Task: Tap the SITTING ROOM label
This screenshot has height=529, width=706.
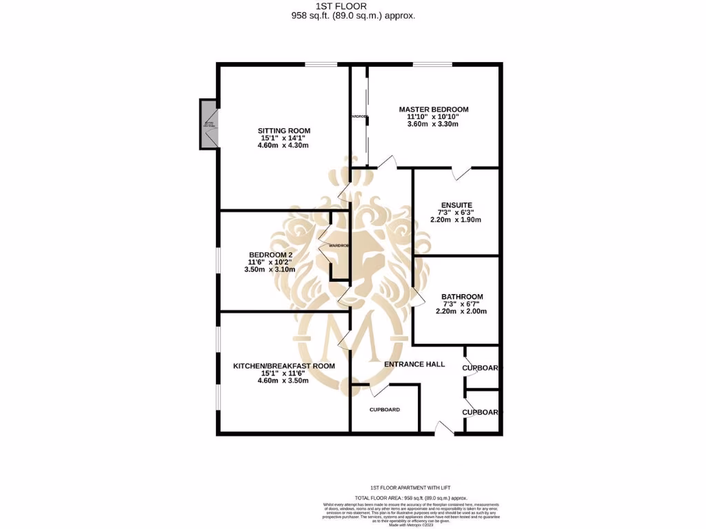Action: pyautogui.click(x=283, y=131)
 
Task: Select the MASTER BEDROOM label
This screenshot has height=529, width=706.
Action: pyautogui.click(x=434, y=110)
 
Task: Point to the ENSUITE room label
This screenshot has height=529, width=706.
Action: pyautogui.click(x=456, y=205)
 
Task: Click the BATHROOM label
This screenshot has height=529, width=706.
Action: pyautogui.click(x=462, y=297)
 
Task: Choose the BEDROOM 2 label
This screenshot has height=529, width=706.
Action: pyautogui.click(x=271, y=255)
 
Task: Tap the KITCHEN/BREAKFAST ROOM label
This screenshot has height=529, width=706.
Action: pyautogui.click(x=283, y=366)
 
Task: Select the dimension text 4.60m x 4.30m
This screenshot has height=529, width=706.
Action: pyautogui.click(x=283, y=146)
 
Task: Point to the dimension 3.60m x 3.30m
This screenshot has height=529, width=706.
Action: pyautogui.click(x=434, y=125)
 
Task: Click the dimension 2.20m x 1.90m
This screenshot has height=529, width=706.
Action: pyautogui.click(x=456, y=220)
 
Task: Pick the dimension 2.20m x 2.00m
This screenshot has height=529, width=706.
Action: pyautogui.click(x=462, y=311)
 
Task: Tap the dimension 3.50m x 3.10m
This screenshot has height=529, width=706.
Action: pyautogui.click(x=271, y=270)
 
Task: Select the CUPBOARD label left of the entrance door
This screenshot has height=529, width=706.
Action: pyautogui.click(x=384, y=410)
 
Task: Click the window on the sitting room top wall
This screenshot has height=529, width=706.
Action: pyautogui.click(x=322, y=65)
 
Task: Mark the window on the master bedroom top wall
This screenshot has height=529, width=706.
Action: pyautogui.click(x=432, y=65)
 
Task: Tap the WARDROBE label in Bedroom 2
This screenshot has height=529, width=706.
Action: pyautogui.click(x=340, y=245)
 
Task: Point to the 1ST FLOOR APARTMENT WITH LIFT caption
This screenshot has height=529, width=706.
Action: pyautogui.click(x=401, y=486)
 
